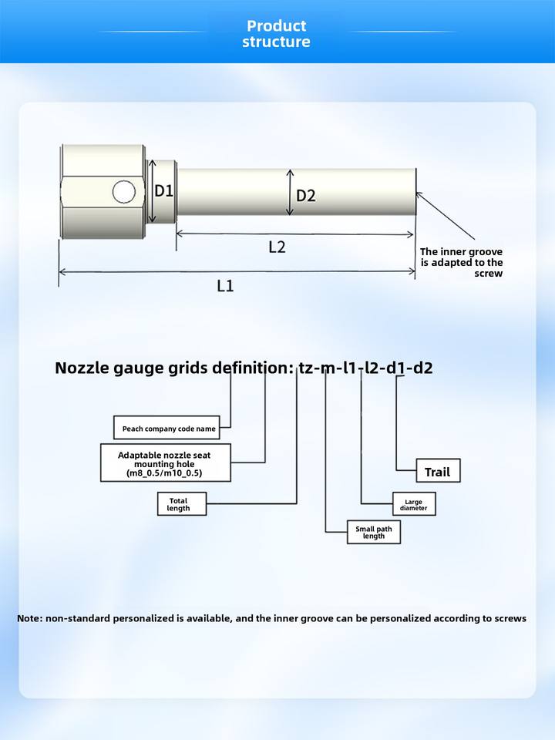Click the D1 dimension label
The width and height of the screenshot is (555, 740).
click(x=164, y=191)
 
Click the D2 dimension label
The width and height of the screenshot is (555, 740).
click(x=306, y=196)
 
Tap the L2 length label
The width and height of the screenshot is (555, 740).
click(x=277, y=247)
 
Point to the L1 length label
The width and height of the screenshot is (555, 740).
click(x=225, y=286)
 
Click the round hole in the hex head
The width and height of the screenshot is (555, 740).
click(x=123, y=191)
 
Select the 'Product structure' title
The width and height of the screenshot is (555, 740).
click(x=277, y=34)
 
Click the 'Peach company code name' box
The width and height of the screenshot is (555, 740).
click(x=166, y=429)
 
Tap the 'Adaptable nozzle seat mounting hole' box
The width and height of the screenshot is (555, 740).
click(x=166, y=462)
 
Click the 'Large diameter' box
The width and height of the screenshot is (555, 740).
click(x=414, y=505)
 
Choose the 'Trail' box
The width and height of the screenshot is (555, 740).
click(x=438, y=471)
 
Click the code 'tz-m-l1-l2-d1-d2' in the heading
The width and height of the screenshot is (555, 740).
click(x=365, y=368)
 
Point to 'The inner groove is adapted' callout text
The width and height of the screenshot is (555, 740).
click(x=462, y=263)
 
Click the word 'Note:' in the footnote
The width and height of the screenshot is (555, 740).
click(x=30, y=618)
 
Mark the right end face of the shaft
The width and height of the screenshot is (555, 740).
click(x=414, y=193)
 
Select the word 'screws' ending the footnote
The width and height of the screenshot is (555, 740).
click(x=511, y=618)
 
